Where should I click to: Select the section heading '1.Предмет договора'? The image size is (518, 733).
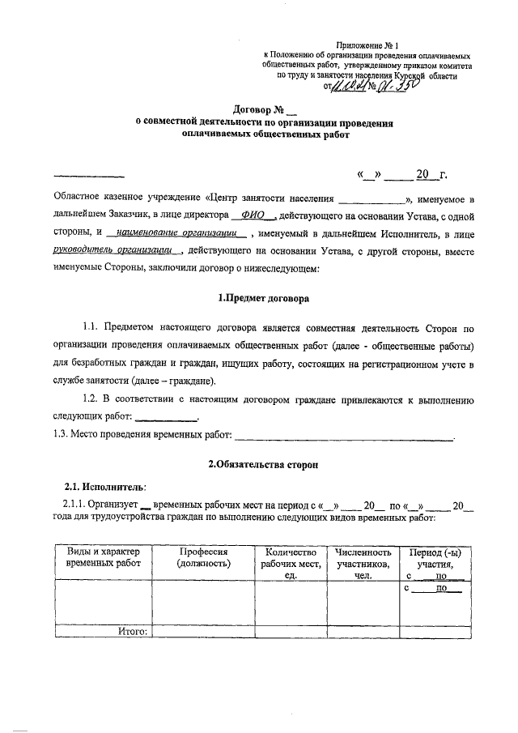[x=265, y=298]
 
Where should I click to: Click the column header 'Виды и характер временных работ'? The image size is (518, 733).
[x=103, y=556]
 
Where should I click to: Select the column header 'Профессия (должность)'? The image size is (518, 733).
[x=204, y=556]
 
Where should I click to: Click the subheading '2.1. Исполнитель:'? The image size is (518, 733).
[x=104, y=487]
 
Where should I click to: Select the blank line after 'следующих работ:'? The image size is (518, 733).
[x=164, y=419]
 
